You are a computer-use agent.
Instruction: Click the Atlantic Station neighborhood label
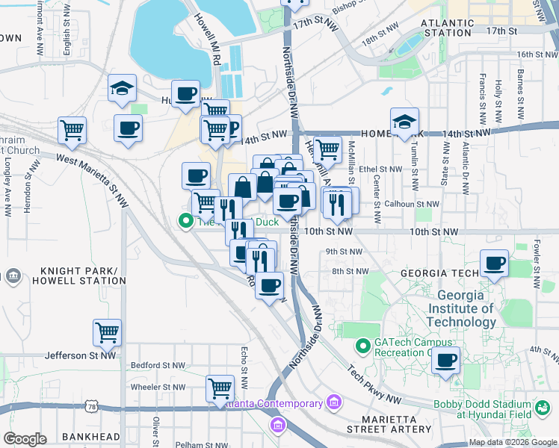coord(446,28)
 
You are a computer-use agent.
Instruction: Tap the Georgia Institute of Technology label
coord(461,308)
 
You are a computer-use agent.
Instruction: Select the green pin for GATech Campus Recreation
coord(363,346)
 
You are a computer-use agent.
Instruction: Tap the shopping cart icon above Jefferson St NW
coord(108,332)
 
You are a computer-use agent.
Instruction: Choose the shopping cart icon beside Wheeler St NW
coord(220,388)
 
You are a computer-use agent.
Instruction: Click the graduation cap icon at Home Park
coord(404,121)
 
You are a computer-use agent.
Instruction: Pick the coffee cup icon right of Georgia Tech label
coord(495,264)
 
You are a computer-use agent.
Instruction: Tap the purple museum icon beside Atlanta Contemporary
coord(333,404)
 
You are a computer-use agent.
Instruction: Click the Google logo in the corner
coord(25,439)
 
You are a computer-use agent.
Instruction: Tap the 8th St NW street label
coord(350,271)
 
